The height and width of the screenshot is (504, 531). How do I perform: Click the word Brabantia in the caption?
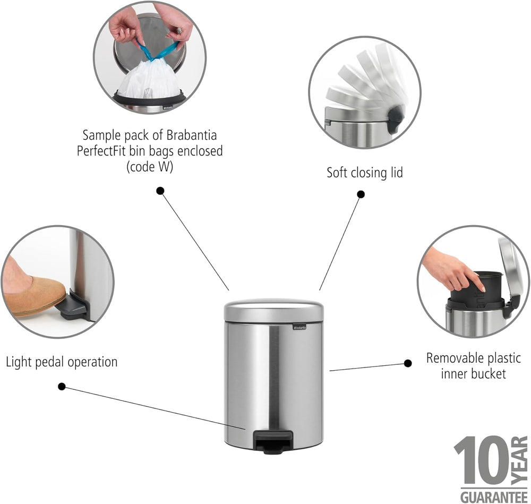click(191, 135)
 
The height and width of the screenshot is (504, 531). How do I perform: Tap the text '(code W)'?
click(150, 167)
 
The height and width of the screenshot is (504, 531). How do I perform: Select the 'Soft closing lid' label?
click(365, 173)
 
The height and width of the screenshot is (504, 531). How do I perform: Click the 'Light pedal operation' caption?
click(62, 362)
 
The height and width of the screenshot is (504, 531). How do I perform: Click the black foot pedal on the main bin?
click(273, 441)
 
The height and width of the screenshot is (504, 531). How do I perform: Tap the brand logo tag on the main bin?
click(299, 327)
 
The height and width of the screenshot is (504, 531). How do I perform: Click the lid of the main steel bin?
click(273, 310)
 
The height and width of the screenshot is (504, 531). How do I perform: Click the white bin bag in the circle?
click(150, 80)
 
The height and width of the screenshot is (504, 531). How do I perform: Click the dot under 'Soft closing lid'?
click(361, 194)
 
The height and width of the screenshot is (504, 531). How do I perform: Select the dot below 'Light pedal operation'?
click(62, 387)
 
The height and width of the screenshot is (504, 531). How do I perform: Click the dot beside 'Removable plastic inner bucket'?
click(408, 363)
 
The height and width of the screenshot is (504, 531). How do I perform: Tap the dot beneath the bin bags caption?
click(160, 191)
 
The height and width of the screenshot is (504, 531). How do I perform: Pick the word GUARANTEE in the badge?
click(494, 497)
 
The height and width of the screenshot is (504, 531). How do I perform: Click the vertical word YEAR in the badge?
click(519, 460)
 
